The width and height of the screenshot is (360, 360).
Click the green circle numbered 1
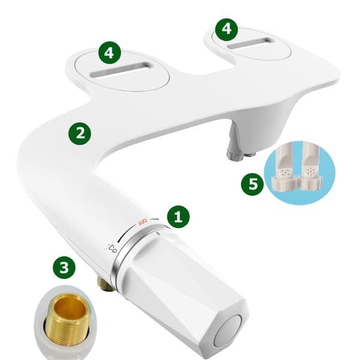[x=178, y=217]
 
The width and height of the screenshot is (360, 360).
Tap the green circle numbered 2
[x=80, y=133]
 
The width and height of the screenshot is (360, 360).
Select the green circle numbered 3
[x=64, y=268]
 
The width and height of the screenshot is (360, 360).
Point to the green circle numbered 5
[x=253, y=184]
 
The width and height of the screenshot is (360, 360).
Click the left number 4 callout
[x=109, y=53]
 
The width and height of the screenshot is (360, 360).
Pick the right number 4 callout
[x=226, y=29]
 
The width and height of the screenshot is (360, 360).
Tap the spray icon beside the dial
[x=110, y=247]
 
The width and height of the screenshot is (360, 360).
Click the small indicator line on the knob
[x=158, y=233]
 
